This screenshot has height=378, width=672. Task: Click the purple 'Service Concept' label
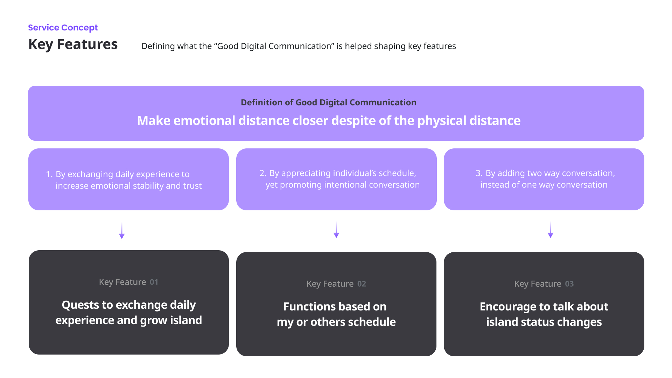click(63, 28)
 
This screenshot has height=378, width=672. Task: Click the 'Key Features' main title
click(73, 44)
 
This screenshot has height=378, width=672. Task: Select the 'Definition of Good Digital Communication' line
click(328, 103)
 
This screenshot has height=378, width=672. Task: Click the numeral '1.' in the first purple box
click(49, 174)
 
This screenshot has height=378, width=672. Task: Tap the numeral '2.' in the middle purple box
click(263, 173)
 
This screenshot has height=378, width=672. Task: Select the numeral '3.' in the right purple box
click(479, 173)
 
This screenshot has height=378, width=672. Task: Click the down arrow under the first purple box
click(122, 231)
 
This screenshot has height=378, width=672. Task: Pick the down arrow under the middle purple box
click(336, 230)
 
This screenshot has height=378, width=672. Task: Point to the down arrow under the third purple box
click(551, 230)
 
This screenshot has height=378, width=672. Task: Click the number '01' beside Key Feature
click(154, 282)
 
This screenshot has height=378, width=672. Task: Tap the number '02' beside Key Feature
click(362, 284)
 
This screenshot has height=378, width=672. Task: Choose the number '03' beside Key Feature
click(569, 284)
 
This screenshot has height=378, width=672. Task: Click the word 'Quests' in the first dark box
click(80, 305)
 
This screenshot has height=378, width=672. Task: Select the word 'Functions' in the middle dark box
click(304, 307)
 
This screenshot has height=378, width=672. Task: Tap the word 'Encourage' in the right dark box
click(500, 307)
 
